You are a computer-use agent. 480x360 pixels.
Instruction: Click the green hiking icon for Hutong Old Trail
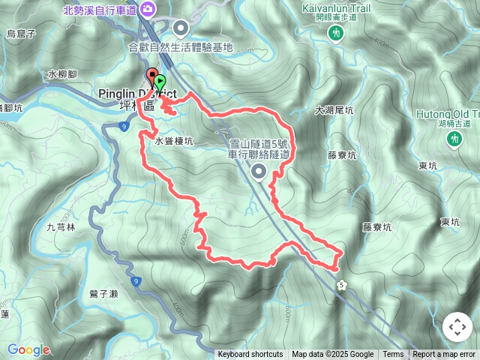[x=453, y=139]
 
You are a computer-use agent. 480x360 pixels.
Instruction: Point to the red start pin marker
[x=151, y=77]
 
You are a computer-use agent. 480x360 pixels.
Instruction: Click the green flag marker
[x=160, y=81]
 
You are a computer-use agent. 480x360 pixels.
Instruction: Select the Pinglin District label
[x=137, y=94]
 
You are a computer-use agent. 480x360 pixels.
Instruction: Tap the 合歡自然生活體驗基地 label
[x=181, y=47]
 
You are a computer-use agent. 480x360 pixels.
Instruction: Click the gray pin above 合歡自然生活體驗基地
[x=181, y=28]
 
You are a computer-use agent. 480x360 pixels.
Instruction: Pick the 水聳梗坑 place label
[x=174, y=140]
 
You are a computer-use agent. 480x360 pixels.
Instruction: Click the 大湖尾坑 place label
[x=334, y=109]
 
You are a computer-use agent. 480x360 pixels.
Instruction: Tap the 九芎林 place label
[x=61, y=226]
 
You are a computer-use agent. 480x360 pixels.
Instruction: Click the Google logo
[x=28, y=349]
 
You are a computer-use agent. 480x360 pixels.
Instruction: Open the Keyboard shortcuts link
[x=250, y=355]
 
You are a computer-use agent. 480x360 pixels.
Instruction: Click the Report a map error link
[x=445, y=355]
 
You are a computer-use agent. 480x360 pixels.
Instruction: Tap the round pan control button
[x=456, y=327]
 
